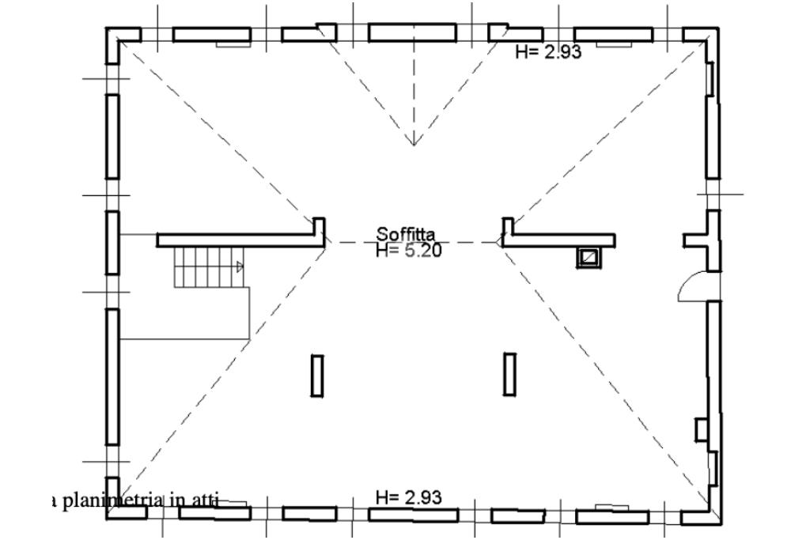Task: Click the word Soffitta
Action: click(x=406, y=234)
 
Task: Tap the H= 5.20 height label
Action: click(x=409, y=251)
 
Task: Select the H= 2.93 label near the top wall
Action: click(x=549, y=51)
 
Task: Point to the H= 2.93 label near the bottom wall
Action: click(x=409, y=497)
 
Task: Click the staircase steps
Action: click(x=209, y=267)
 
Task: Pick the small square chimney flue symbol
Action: click(x=589, y=257)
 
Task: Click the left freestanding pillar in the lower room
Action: click(x=317, y=376)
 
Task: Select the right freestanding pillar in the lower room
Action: click(x=509, y=374)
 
